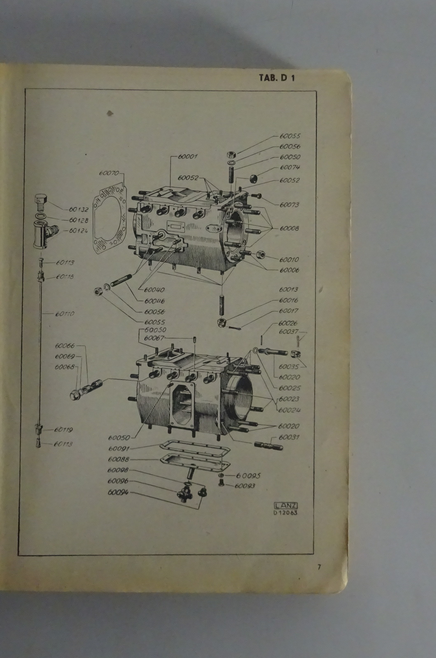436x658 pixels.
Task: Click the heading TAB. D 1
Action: point(277,78)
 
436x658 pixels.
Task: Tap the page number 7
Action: point(319,567)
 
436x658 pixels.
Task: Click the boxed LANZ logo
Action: point(285,506)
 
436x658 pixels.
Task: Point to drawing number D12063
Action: point(285,513)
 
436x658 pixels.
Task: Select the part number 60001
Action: point(188,157)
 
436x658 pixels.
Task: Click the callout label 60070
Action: point(109,173)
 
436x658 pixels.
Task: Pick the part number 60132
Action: point(78,210)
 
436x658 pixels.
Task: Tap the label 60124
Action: point(78,231)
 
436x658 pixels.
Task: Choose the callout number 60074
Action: point(290,167)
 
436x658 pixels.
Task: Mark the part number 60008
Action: point(289,228)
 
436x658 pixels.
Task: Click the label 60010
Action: point(289,259)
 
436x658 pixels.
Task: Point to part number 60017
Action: point(288,311)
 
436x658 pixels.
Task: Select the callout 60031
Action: point(289,437)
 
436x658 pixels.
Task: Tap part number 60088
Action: point(119,459)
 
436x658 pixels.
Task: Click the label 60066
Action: point(65,346)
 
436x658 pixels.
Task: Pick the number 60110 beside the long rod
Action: point(65,314)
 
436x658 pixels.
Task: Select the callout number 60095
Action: point(248,475)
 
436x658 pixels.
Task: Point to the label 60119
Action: point(63,430)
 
